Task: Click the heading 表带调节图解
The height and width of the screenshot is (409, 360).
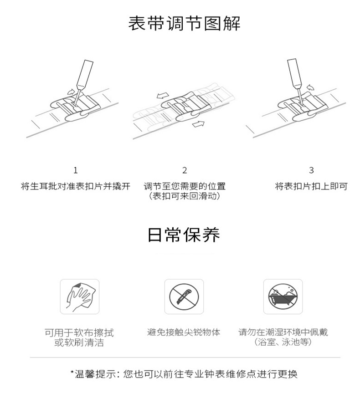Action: click(x=184, y=24)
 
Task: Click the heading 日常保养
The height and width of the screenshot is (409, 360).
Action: click(x=184, y=235)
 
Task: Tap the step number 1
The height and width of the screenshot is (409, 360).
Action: click(x=76, y=170)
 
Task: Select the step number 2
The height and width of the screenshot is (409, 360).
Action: click(x=185, y=170)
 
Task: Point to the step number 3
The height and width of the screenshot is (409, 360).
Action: click(x=311, y=170)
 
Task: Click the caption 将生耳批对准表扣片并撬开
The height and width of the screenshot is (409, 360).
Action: click(x=76, y=186)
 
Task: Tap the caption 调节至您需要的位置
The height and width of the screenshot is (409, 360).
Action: click(x=185, y=186)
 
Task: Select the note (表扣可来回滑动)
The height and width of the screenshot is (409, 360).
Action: click(x=185, y=196)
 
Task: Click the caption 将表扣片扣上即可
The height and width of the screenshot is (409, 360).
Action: click(x=311, y=186)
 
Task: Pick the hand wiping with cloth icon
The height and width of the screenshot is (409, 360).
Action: click(x=80, y=297)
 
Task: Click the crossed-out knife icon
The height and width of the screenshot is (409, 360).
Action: click(x=184, y=297)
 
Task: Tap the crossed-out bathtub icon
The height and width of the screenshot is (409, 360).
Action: click(x=283, y=297)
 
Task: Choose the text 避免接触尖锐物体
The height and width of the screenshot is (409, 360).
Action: click(x=184, y=332)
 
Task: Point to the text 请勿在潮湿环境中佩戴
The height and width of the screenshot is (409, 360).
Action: click(x=283, y=332)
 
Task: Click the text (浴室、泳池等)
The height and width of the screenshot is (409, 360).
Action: click(x=283, y=342)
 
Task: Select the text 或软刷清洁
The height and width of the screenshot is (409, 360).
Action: click(x=79, y=343)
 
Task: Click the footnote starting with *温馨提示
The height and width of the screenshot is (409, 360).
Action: click(x=184, y=374)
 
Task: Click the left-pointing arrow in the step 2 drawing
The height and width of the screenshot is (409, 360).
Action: click(x=163, y=96)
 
